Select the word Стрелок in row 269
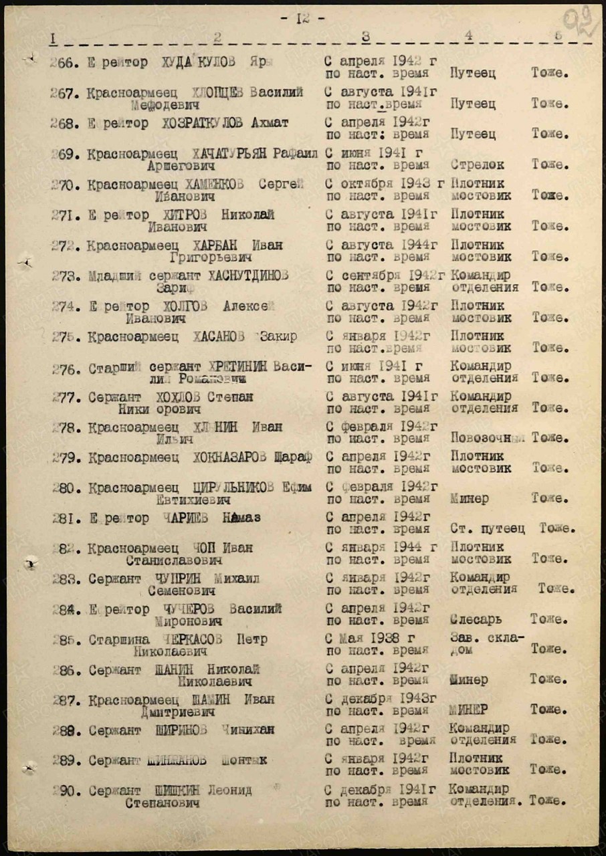click(478, 165)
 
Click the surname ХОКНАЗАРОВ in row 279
click(231, 457)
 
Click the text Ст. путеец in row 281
click(488, 529)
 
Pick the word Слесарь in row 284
click(476, 620)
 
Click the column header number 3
click(365, 37)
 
